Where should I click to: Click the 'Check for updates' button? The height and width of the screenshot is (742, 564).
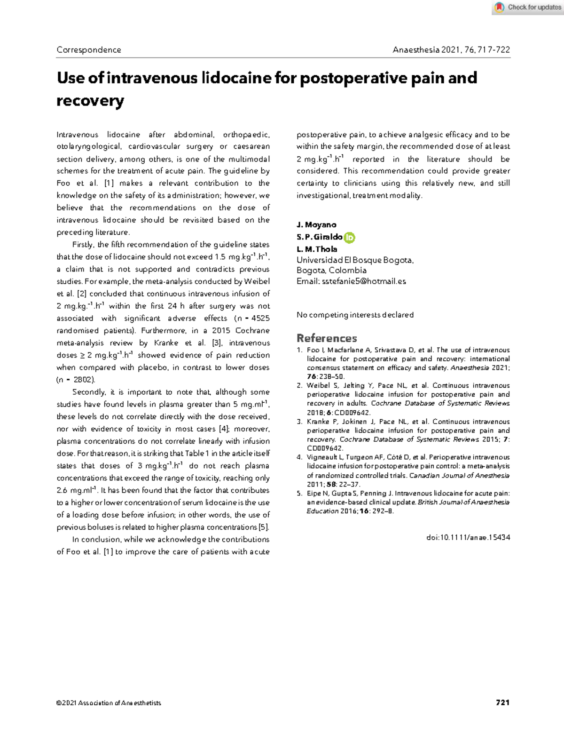click(528, 7)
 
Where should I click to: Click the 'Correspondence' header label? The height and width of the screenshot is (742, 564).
click(89, 50)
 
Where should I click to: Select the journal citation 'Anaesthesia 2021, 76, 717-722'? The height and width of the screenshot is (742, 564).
click(451, 50)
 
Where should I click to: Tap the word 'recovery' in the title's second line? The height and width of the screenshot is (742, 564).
click(90, 101)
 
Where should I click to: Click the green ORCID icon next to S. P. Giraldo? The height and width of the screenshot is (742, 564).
click(349, 238)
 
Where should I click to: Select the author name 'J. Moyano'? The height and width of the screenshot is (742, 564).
click(316, 225)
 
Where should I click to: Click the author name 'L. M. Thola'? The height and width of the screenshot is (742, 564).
click(317, 249)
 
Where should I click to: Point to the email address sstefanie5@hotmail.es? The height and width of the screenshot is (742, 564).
click(364, 281)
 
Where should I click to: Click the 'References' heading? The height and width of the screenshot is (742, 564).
click(327, 338)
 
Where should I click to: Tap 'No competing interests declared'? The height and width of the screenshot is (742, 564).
click(355, 315)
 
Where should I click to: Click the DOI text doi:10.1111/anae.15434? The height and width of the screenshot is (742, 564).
click(468, 537)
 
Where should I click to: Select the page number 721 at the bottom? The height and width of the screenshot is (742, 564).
click(502, 702)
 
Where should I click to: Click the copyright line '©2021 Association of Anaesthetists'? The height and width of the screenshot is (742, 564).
click(109, 703)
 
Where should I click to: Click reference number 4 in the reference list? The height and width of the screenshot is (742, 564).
click(299, 457)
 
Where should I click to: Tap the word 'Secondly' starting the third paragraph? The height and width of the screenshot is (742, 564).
click(88, 392)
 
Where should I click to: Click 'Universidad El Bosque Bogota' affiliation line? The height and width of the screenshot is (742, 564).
click(355, 260)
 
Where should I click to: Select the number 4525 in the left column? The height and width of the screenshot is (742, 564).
click(260, 319)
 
